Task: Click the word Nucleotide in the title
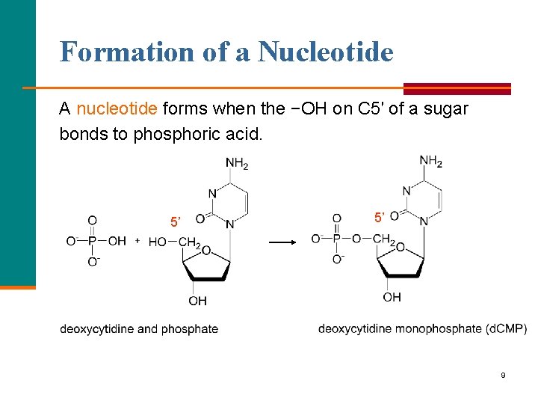point(326,52)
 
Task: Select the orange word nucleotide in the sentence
point(117,109)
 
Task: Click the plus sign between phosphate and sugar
point(137,241)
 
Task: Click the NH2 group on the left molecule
point(236,164)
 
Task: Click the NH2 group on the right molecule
point(430,161)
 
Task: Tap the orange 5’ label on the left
point(176,222)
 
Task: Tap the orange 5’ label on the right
point(380,218)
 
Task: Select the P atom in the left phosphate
point(92,241)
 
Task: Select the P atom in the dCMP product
point(337,239)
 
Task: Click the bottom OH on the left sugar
point(197,301)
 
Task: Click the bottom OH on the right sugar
point(392,298)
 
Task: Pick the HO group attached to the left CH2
point(157,242)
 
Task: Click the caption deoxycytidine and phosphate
point(139,329)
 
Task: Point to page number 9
point(503,375)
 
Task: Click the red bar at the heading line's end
point(457,88)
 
